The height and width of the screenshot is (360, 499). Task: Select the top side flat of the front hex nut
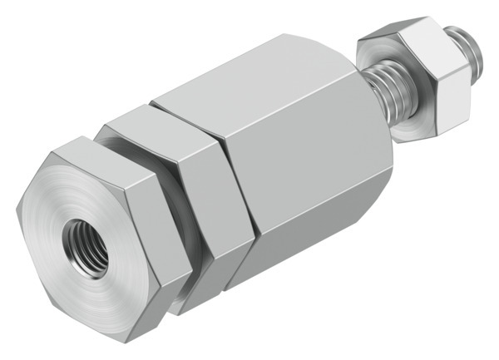pyautogui.click(x=108, y=148)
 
